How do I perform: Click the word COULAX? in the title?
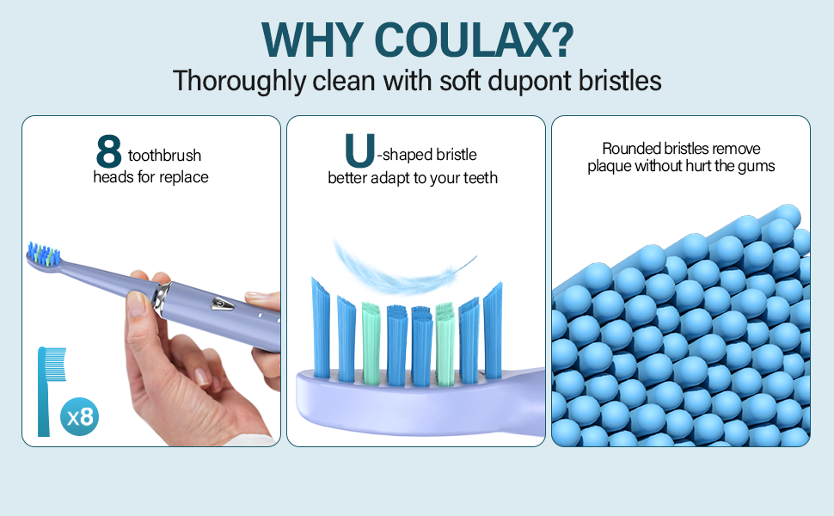(474, 40)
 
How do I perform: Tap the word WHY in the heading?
(312, 40)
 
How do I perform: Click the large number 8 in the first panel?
(109, 150)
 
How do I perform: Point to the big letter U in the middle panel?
(359, 150)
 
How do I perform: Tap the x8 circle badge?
(79, 416)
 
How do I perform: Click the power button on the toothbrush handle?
(222, 304)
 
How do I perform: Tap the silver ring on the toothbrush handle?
(163, 299)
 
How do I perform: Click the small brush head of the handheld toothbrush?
(44, 257)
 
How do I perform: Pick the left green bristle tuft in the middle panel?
(371, 343)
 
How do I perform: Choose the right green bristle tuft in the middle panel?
(445, 344)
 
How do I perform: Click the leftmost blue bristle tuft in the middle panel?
(321, 328)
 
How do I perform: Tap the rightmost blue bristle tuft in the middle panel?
(493, 331)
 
